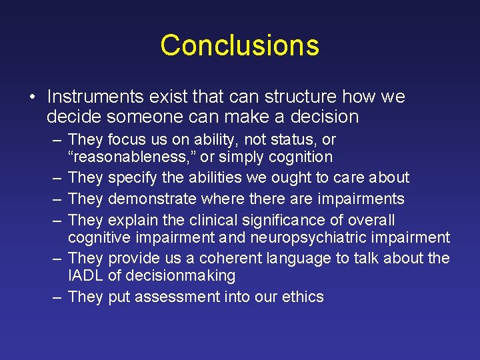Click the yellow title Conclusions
point(239,45)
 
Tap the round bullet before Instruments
point(33,97)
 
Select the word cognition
point(300,157)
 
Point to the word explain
point(130,220)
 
